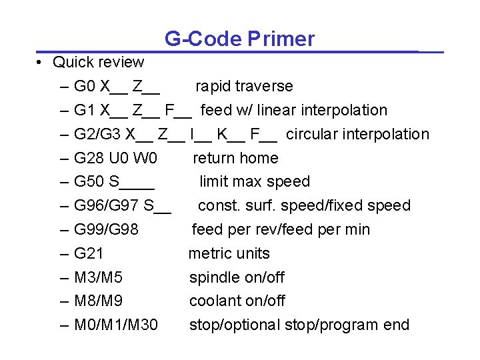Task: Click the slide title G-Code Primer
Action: (239, 39)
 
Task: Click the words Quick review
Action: (98, 63)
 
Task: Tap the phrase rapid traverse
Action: (244, 87)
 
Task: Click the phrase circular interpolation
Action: (357, 135)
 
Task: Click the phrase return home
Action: (235, 159)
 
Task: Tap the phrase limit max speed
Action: (255, 182)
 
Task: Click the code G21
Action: (89, 254)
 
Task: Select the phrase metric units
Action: (229, 254)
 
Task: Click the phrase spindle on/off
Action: (237, 277)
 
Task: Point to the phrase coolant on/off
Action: (237, 301)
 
